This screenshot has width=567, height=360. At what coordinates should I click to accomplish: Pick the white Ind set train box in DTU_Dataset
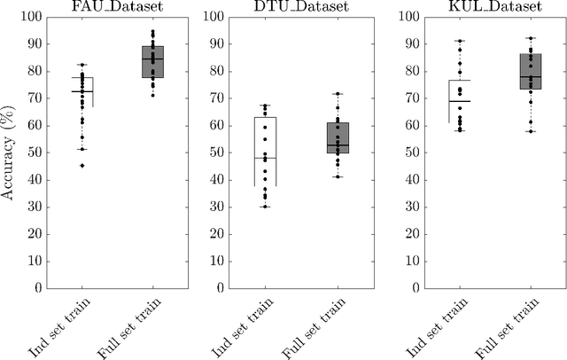click(x=266, y=151)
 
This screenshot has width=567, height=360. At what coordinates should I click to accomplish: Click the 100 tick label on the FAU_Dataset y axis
click(x=31, y=17)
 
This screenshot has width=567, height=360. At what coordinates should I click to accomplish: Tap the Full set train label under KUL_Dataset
click(x=506, y=325)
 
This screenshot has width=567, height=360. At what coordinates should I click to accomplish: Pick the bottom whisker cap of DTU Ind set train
click(x=266, y=207)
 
